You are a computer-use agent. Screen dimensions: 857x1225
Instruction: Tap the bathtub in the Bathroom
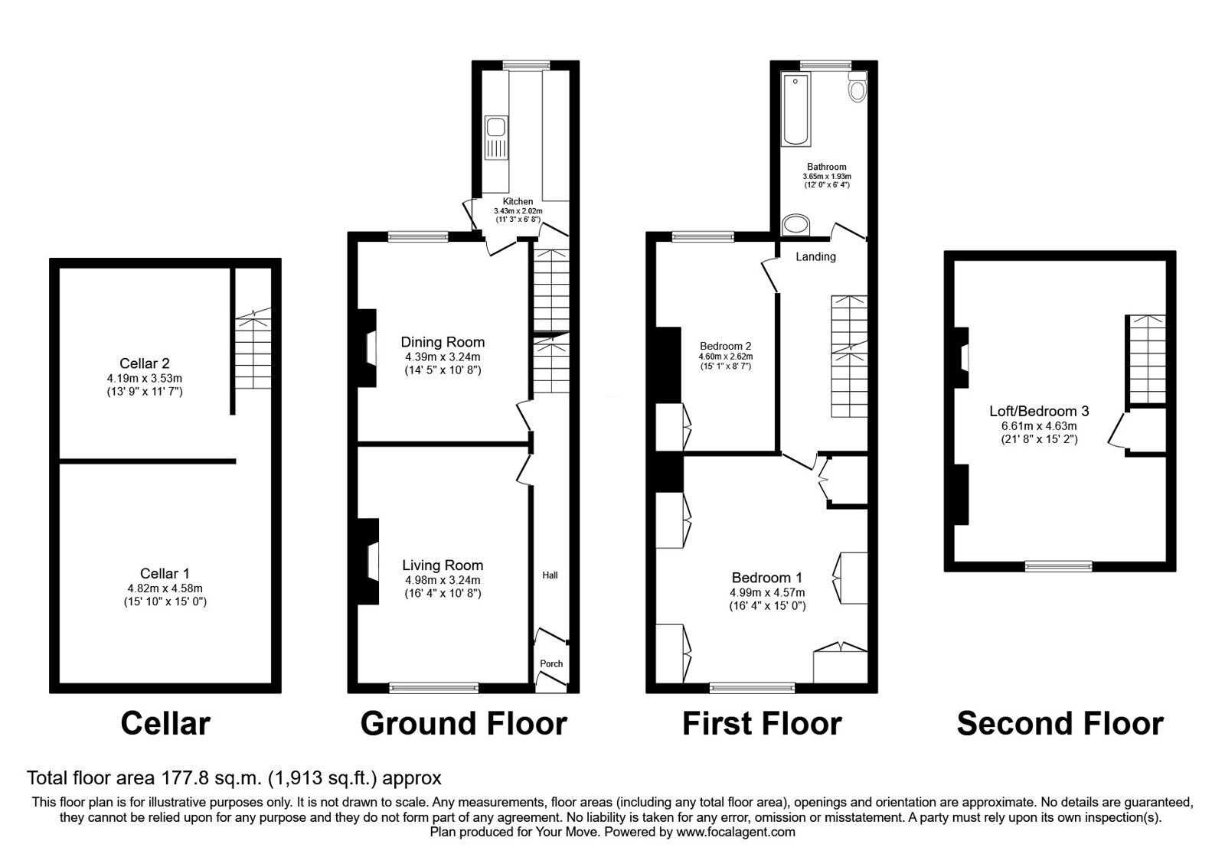coord(795,110)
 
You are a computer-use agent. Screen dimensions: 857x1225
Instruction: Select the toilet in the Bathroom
coord(857,87)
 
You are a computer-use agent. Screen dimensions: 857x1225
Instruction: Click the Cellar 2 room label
coord(145,363)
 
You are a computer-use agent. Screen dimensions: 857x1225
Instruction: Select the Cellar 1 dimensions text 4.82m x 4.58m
coord(165,588)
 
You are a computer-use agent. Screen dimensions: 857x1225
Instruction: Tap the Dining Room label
coord(443,342)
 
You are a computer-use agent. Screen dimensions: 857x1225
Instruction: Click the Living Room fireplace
coord(370,562)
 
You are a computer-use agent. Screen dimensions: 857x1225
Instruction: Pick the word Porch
coord(551,664)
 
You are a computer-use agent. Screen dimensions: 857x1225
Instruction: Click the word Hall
coord(550,575)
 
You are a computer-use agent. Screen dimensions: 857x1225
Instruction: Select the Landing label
coord(815,257)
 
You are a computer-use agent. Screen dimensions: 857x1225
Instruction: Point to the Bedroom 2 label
coord(725,347)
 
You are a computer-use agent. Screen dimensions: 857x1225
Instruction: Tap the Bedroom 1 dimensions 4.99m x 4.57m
coord(767,593)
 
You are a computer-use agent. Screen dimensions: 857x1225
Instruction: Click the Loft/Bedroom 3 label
coord(1039,412)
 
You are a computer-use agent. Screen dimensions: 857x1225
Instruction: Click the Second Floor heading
coord(1060,724)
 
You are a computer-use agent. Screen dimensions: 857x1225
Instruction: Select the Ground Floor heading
coord(463,724)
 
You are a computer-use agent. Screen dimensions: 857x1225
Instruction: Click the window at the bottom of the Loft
coord(1059,566)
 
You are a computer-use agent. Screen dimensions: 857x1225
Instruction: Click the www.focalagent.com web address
coord(736,832)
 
